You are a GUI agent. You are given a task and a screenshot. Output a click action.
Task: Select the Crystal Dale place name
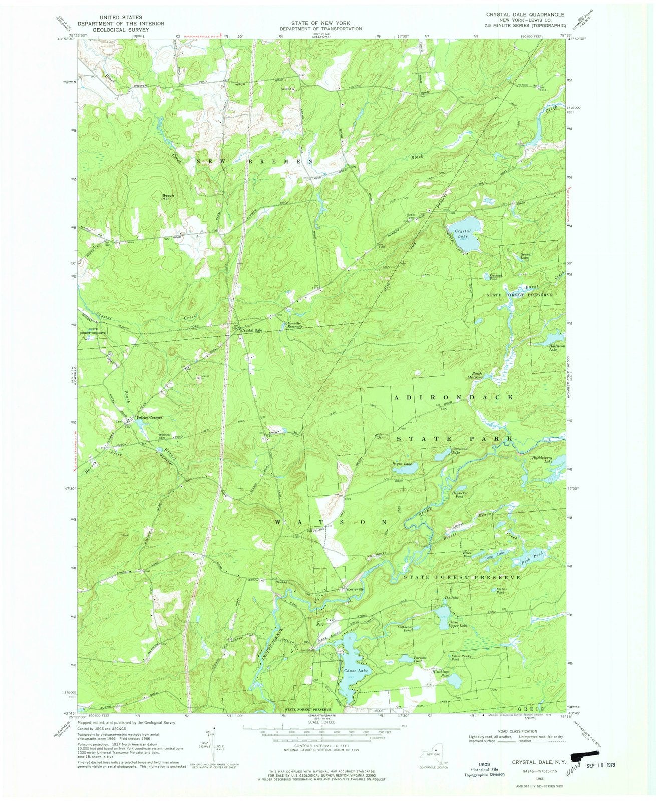[252, 330]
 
